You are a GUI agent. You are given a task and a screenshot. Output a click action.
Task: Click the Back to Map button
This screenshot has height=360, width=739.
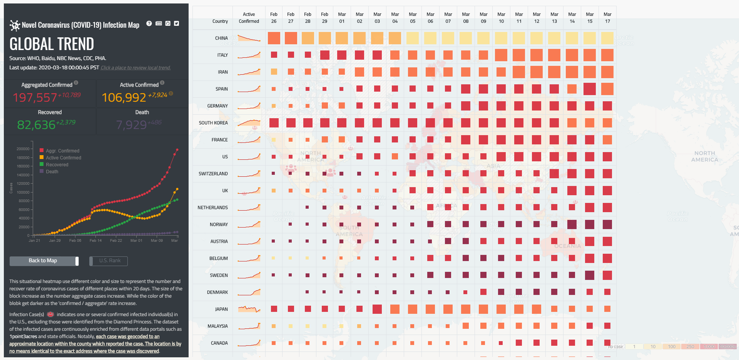click(43, 261)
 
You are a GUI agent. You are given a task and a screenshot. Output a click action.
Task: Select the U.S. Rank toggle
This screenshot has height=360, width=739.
click(109, 261)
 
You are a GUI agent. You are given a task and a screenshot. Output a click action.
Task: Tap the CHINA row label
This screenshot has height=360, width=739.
click(221, 38)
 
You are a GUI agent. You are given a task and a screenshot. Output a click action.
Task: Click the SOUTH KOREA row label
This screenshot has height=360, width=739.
click(213, 123)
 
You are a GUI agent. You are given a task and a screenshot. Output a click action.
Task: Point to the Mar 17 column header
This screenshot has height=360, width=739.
click(607, 18)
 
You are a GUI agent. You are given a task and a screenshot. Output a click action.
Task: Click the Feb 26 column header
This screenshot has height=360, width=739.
click(274, 18)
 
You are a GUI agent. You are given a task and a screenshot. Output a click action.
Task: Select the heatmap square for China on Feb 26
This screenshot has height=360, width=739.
click(274, 38)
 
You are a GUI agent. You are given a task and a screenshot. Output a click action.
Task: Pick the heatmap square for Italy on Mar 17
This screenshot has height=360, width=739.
click(607, 55)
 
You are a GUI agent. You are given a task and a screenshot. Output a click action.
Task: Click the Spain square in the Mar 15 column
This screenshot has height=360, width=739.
click(590, 89)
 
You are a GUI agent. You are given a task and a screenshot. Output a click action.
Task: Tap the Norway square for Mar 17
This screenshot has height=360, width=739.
click(607, 224)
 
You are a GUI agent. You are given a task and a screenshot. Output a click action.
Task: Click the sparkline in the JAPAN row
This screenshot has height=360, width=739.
click(249, 309)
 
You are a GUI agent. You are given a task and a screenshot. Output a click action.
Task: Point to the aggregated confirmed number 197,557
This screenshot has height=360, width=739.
click(35, 98)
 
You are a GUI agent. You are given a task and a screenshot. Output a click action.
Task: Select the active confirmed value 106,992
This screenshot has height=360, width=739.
click(124, 98)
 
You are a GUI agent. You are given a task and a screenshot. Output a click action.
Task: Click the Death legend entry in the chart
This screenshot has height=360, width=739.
click(52, 172)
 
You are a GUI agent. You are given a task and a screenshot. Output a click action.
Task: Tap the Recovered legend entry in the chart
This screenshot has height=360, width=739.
click(57, 165)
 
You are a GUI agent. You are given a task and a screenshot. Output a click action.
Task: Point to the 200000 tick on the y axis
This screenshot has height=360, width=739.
click(23, 149)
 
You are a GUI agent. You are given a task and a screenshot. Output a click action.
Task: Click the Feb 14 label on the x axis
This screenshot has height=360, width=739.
click(95, 241)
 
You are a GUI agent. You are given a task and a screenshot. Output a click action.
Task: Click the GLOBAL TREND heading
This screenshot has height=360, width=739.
click(52, 44)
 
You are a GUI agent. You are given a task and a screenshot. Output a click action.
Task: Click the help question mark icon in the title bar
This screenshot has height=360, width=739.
click(149, 23)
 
